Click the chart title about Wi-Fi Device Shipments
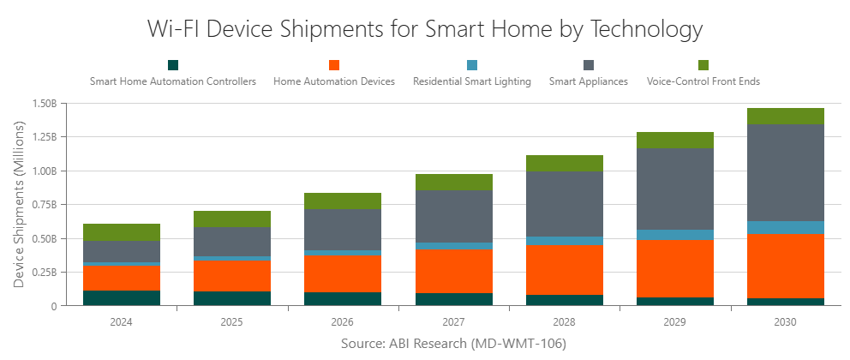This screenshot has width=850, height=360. point(425,28)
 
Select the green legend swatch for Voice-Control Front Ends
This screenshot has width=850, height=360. point(703,65)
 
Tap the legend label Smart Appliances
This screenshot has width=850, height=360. point(588,81)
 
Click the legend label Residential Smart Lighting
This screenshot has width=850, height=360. point(471,81)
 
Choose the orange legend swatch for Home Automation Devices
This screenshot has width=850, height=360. point(334,65)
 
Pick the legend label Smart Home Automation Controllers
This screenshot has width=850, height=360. point(173,81)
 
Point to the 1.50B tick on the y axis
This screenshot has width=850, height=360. point(42,104)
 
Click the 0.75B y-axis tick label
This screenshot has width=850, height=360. point(42,205)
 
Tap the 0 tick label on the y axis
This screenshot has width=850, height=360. point(52,306)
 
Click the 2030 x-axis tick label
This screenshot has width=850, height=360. point(785,322)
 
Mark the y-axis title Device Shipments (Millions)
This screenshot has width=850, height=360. point(19,205)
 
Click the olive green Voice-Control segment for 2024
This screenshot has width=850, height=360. point(122,232)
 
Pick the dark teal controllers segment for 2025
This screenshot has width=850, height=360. point(231,298)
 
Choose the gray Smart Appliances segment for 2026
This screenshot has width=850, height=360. point(343,230)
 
